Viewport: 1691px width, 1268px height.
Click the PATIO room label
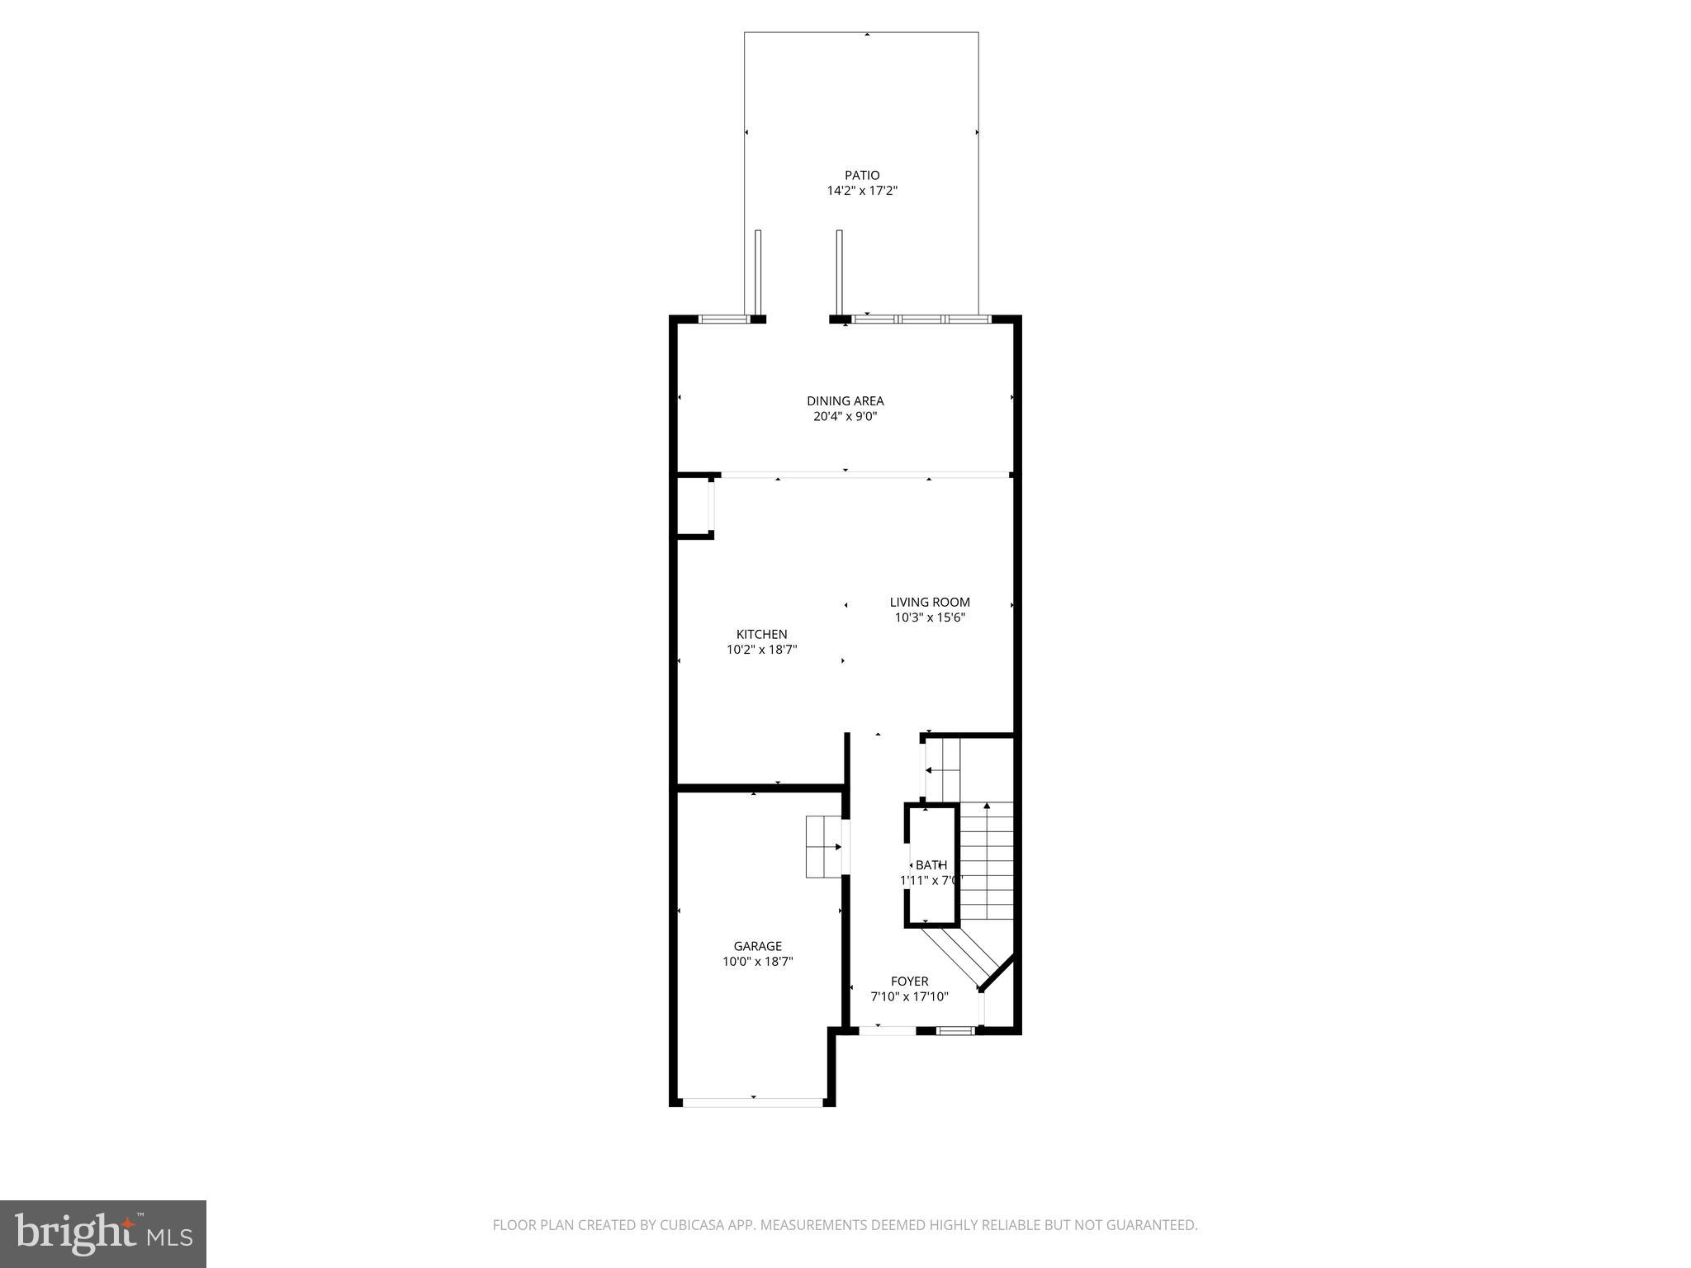click(861, 175)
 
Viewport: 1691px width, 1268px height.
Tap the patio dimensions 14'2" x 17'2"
click(861, 191)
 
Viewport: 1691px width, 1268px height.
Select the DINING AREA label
click(845, 401)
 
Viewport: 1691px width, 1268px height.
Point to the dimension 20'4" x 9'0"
click(845, 417)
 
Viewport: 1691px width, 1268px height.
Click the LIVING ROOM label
click(929, 603)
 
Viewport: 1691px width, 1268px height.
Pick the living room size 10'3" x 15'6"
click(929, 617)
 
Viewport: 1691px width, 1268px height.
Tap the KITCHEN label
click(761, 634)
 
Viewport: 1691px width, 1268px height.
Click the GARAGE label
click(757, 946)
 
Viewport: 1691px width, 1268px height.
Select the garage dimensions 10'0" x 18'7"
click(757, 962)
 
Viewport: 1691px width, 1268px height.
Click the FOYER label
click(909, 982)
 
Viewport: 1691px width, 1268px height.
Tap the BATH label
click(931, 865)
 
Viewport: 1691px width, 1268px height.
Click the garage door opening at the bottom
click(753, 1102)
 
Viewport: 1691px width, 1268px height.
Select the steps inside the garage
click(822, 847)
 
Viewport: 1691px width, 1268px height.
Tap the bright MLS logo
click(103, 1234)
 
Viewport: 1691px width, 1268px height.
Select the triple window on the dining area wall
click(921, 319)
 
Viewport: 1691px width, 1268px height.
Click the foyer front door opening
click(887, 1030)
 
